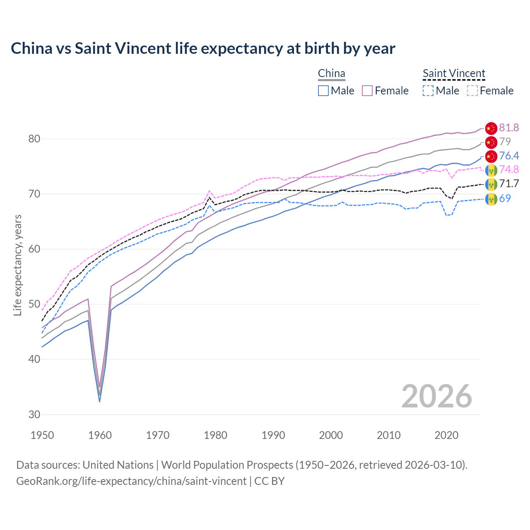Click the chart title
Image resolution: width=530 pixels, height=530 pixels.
click(x=203, y=48)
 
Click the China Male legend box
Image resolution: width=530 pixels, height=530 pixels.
click(x=323, y=91)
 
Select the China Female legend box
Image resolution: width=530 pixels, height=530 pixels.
click(x=367, y=91)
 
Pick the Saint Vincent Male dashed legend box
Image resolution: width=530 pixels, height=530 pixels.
click(x=428, y=91)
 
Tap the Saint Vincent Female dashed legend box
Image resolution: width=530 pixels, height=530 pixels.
click(x=472, y=91)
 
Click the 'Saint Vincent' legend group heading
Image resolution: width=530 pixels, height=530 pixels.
click(x=454, y=73)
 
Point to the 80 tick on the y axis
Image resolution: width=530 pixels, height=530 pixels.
click(x=34, y=139)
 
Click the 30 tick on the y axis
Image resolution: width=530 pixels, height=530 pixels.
click(x=34, y=414)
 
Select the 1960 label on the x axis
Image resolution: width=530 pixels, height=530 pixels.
click(x=100, y=435)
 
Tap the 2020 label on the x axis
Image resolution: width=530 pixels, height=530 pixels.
click(x=446, y=435)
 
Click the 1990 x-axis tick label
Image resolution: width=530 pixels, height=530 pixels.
click(x=273, y=435)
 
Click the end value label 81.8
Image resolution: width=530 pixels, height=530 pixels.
click(x=509, y=128)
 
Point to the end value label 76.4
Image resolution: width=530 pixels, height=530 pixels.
click(x=509, y=156)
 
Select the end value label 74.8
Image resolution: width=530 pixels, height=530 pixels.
click(x=509, y=169)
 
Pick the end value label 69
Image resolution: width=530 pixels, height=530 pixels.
click(x=505, y=198)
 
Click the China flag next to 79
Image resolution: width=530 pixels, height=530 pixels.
click(x=491, y=142)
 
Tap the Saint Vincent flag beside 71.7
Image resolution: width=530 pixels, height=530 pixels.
click(x=491, y=184)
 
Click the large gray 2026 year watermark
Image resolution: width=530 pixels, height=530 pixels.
click(x=436, y=396)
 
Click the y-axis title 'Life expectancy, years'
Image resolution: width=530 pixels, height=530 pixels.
click(x=17, y=265)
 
